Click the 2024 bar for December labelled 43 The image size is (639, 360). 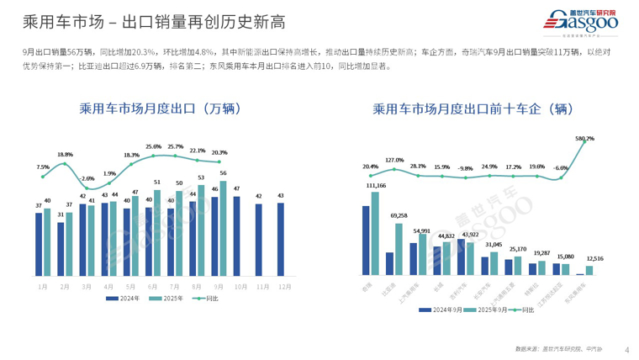pos(280,239)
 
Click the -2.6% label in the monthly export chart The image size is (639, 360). pos(87,178)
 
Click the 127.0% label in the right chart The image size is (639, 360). pos(394,160)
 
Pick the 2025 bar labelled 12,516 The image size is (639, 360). pos(589,270)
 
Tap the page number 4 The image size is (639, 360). pos(626,349)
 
